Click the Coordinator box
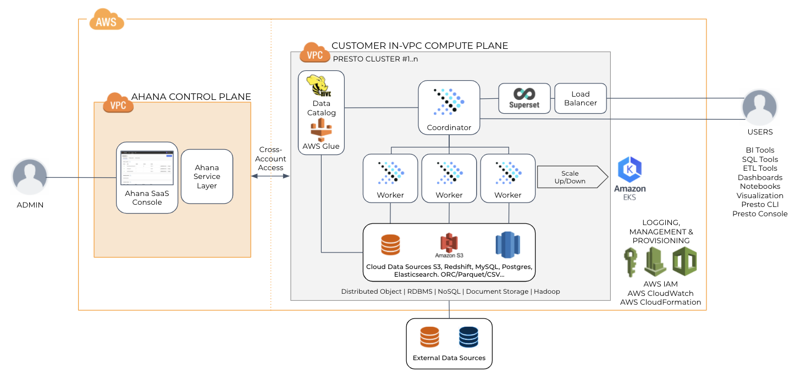[449, 108]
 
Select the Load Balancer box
[580, 98]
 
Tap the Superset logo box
[524, 98]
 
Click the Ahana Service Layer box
[207, 176]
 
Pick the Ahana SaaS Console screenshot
[147, 167]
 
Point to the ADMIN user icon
[30, 178]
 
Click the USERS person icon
[759, 107]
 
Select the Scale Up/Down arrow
[572, 177]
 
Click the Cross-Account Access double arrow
[270, 176]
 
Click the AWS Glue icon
[322, 130]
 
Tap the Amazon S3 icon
[449, 242]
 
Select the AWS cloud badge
[107, 20]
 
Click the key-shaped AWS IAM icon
[631, 262]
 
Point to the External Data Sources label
[449, 358]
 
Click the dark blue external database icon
[468, 337]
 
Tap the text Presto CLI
[760, 205]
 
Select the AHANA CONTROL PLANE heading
[191, 97]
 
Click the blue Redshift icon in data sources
[507, 244]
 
